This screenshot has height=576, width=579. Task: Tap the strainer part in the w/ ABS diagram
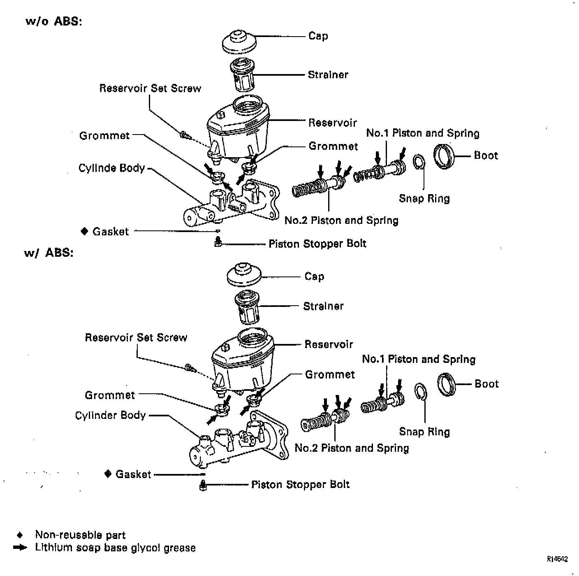[x=246, y=307]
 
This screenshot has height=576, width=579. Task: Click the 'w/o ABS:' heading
[x=54, y=21]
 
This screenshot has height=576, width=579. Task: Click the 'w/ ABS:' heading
[x=49, y=253]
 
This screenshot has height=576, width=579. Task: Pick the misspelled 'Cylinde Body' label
[x=111, y=168]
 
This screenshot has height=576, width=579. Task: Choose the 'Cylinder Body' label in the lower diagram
[x=110, y=416]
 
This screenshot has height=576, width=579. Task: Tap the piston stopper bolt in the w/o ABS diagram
[x=218, y=242]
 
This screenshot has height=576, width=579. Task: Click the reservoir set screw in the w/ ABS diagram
[x=190, y=367]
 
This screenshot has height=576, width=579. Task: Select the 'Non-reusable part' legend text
[x=80, y=535]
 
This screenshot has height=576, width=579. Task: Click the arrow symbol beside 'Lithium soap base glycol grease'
[x=20, y=548]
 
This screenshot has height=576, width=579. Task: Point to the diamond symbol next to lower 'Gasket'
[x=108, y=474]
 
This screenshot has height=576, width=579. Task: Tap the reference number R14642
[x=557, y=559]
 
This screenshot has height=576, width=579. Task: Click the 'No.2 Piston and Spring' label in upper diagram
[x=341, y=221]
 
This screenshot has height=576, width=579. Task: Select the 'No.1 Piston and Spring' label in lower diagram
[x=419, y=360]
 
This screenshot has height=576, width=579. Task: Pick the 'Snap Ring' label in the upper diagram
[x=424, y=199]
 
